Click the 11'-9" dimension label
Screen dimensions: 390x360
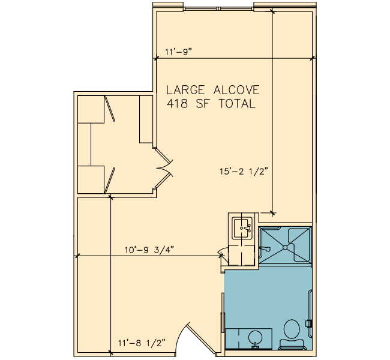(x=179, y=52)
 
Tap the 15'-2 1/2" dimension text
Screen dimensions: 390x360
(x=244, y=172)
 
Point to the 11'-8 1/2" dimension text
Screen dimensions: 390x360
(x=142, y=343)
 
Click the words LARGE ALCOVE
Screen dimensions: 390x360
(x=212, y=90)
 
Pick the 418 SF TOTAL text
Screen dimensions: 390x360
(x=211, y=103)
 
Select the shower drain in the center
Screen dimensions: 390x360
(x=285, y=248)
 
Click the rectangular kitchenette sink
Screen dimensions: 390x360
(x=242, y=227)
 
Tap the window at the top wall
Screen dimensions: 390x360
(x=218, y=9)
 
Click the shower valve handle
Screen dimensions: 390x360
(x=265, y=248)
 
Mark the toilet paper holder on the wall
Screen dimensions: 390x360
(x=308, y=323)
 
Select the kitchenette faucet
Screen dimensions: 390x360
(x=247, y=228)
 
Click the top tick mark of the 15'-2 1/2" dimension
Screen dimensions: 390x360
(x=273, y=11)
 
